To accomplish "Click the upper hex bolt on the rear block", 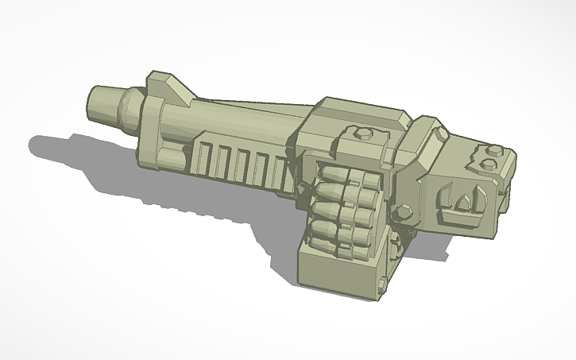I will (490, 149).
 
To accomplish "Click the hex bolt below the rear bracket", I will (403, 211).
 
